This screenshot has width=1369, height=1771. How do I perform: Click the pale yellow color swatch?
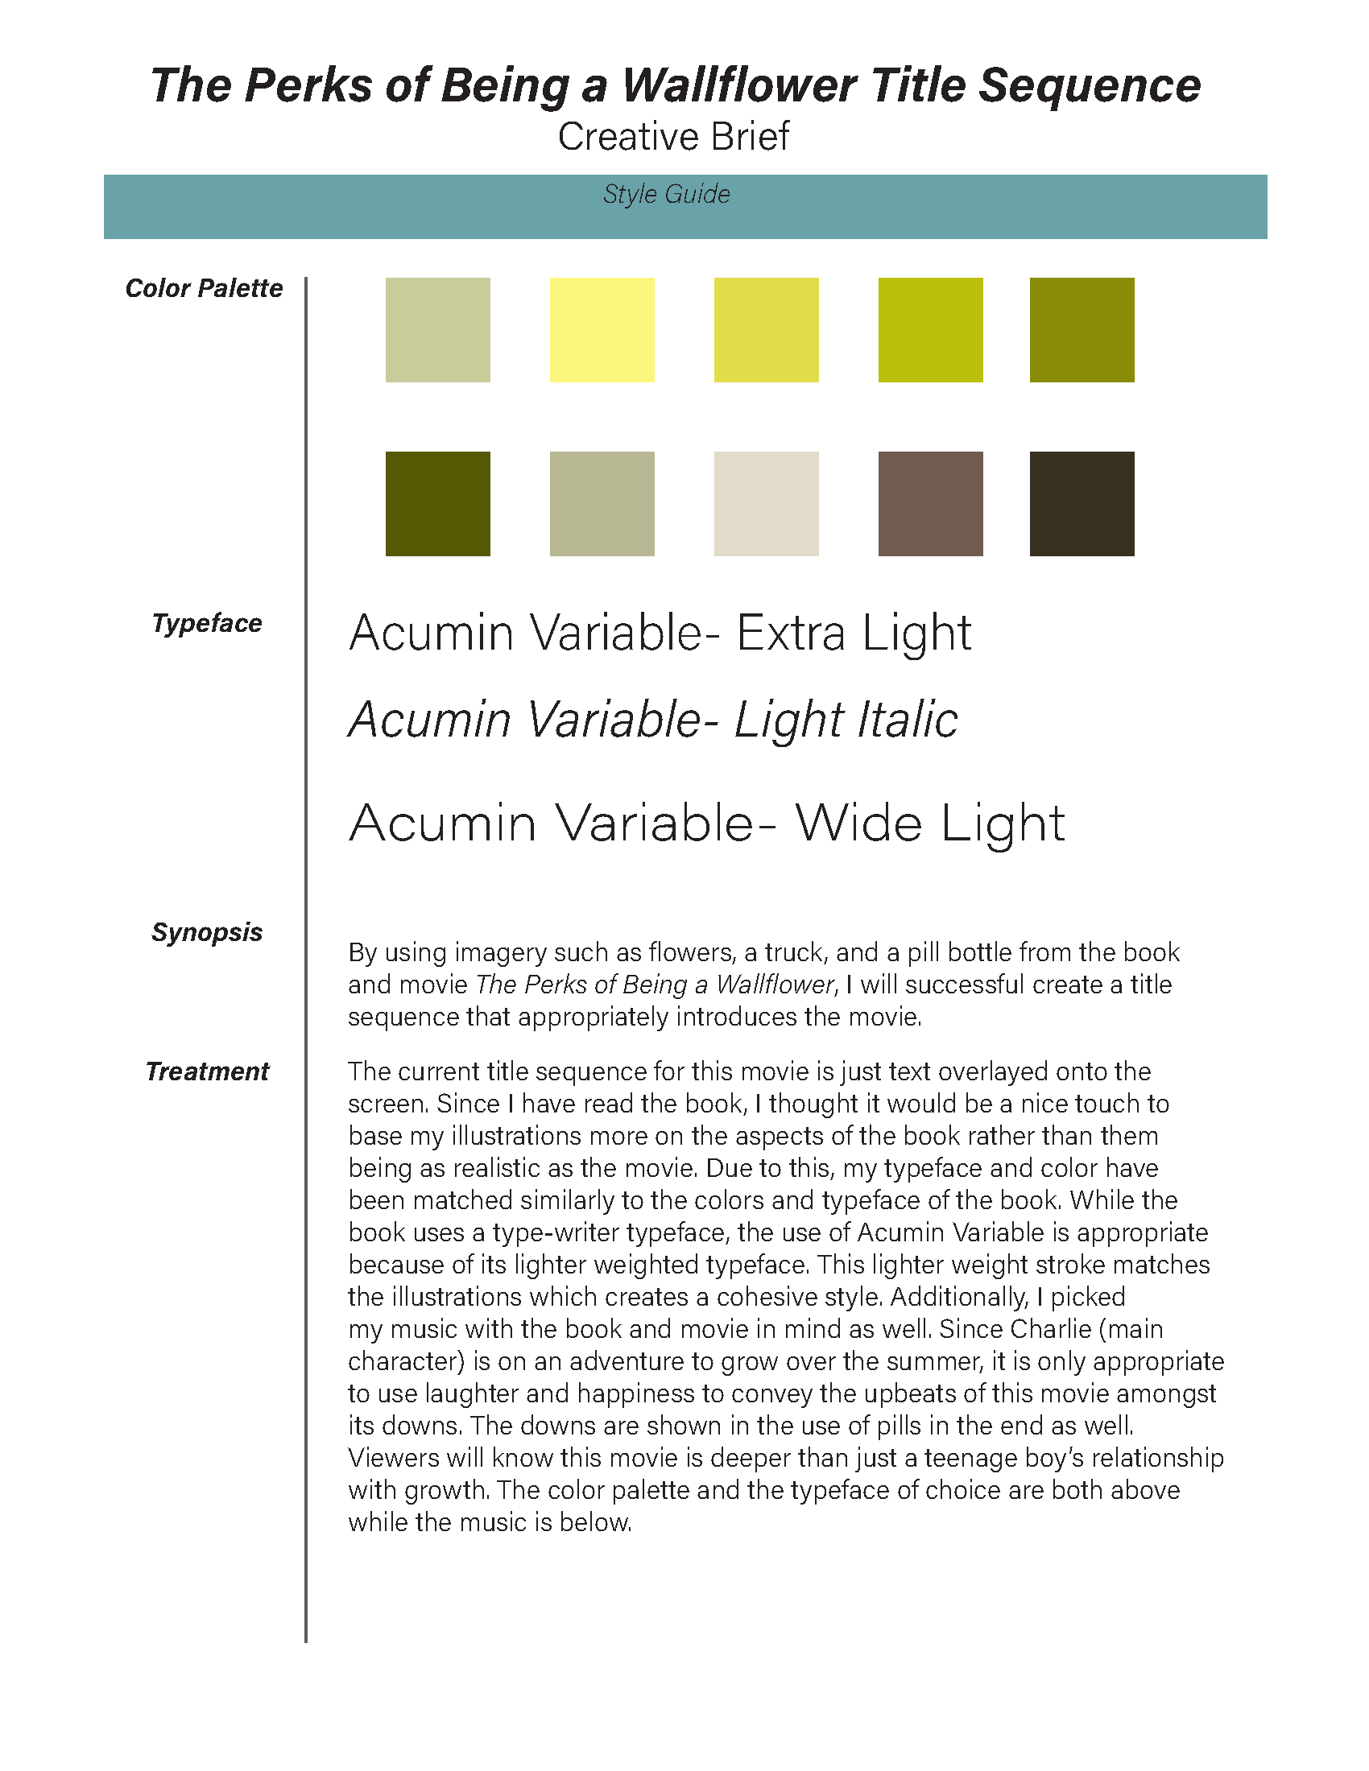(602, 330)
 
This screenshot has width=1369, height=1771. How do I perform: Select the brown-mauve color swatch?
(930, 504)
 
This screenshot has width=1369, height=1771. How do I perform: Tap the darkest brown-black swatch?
(1082, 504)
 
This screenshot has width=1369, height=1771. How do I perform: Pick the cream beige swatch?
(767, 504)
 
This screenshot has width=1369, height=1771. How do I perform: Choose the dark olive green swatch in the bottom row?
(438, 504)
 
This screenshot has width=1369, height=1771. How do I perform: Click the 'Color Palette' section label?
(204, 288)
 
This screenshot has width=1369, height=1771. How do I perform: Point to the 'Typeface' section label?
(207, 623)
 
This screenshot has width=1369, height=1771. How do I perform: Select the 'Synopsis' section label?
(207, 932)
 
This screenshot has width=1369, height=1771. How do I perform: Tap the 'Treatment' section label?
(207, 1071)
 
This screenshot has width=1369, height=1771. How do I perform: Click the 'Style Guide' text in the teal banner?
(667, 195)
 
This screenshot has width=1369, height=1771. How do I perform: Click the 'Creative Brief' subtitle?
(673, 136)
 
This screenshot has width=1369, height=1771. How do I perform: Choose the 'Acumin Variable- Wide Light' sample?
(706, 823)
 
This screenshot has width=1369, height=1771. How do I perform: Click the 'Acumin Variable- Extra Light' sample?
(660, 633)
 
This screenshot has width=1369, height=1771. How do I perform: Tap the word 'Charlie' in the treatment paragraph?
(1050, 1329)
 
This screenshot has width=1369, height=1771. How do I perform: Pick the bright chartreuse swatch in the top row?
(930, 330)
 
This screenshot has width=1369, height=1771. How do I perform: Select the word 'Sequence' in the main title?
(1090, 85)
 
